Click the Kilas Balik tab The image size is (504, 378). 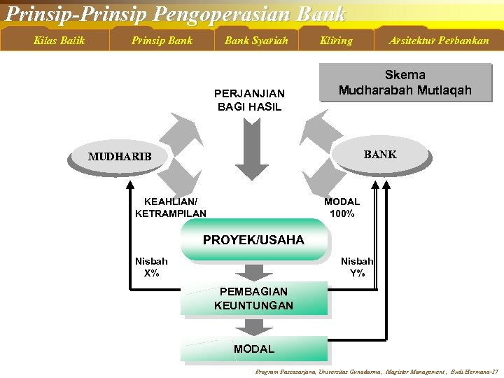point(59,41)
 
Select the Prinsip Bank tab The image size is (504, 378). point(162,41)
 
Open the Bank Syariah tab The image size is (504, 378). point(256,41)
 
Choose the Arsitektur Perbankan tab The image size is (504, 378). point(439,41)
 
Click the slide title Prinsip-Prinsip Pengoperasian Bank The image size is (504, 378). point(175,13)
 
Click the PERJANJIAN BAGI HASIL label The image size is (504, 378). point(249,100)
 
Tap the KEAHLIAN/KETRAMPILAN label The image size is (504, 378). point(171,208)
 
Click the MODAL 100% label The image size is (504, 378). point(342,208)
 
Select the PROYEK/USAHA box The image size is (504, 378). point(253,240)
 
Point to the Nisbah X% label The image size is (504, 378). point(151,267)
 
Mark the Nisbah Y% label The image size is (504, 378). point(357,267)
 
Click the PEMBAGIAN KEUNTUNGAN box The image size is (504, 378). point(253,299)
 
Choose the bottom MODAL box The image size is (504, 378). point(253,349)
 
